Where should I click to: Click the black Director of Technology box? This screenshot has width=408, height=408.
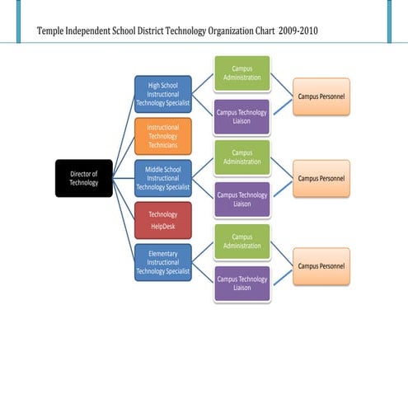[83, 178]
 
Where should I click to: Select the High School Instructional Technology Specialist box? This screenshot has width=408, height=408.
[162, 94]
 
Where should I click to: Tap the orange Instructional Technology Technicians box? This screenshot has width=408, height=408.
[162, 136]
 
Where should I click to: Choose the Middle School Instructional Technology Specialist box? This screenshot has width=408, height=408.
[162, 178]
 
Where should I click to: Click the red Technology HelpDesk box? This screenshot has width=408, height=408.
[162, 220]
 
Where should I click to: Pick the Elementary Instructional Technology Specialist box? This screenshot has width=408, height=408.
[162, 262]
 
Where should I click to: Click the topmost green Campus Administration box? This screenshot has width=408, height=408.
[242, 73]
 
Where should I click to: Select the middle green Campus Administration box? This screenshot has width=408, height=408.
[242, 157]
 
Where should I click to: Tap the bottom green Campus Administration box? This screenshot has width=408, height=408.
[242, 242]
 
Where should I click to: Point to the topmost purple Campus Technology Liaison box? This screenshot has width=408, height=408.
[242, 116]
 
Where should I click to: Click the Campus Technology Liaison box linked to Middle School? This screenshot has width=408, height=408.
[242, 199]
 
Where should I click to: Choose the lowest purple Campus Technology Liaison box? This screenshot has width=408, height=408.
[242, 284]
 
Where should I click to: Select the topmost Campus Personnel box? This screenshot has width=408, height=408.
[321, 96]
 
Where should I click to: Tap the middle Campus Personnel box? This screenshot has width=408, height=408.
[321, 178]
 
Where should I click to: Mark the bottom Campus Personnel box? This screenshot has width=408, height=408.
[321, 266]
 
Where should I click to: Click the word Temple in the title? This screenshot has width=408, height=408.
[54, 31]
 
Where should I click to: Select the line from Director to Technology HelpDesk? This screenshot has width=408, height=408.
[124, 199]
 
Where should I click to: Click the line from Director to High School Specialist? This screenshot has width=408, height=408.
[124, 136]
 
